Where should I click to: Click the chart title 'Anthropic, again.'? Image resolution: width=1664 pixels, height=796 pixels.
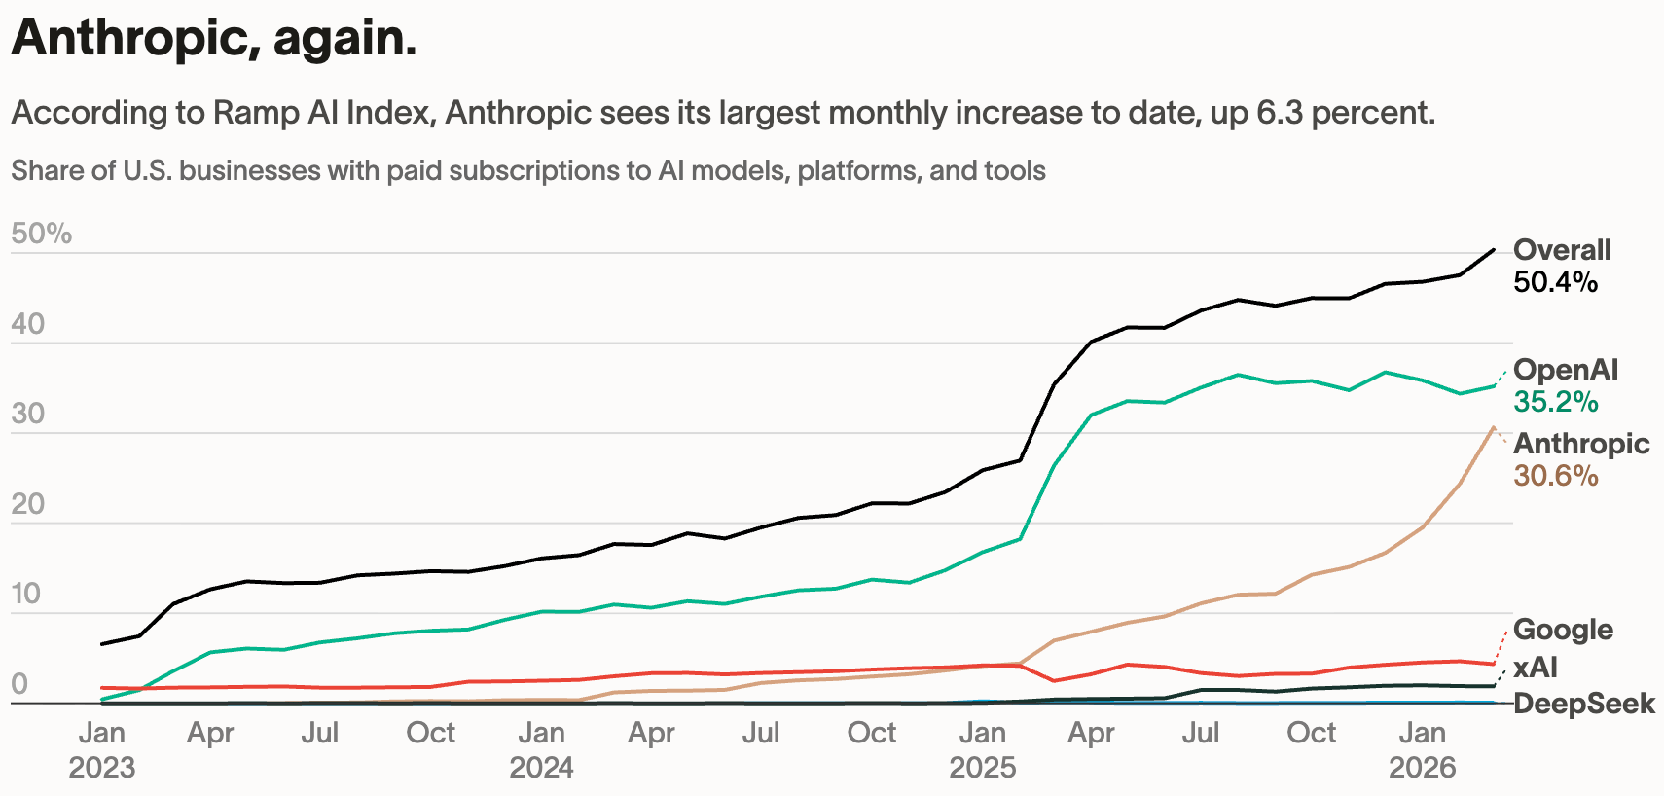tap(214, 39)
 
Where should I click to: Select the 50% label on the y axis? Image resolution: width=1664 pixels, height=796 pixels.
tap(41, 234)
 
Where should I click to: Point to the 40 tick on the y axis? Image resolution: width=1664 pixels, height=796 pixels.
tap(28, 324)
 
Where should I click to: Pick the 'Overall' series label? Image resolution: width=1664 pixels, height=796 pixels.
tap(1562, 250)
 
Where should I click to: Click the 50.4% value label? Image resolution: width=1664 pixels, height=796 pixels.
tap(1555, 282)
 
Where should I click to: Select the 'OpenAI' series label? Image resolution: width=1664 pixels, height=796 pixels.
tap(1566, 370)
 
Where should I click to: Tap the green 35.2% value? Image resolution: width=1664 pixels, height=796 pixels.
tap(1555, 402)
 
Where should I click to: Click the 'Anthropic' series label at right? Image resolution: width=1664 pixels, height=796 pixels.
tap(1581, 444)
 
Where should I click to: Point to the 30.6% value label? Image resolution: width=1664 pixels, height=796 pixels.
tap(1555, 476)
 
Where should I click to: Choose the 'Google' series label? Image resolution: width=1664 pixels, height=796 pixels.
tap(1563, 630)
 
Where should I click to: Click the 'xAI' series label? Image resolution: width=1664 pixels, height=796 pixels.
tap(1536, 667)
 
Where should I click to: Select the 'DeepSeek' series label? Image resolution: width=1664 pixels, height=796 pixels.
tap(1584, 704)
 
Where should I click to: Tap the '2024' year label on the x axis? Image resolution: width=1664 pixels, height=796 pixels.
tap(541, 768)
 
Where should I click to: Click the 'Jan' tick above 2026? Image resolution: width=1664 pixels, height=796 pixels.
tap(1422, 733)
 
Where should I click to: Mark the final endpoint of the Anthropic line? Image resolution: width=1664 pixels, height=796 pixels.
tap(1494, 427)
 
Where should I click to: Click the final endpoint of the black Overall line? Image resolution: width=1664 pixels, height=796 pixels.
tap(1494, 250)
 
